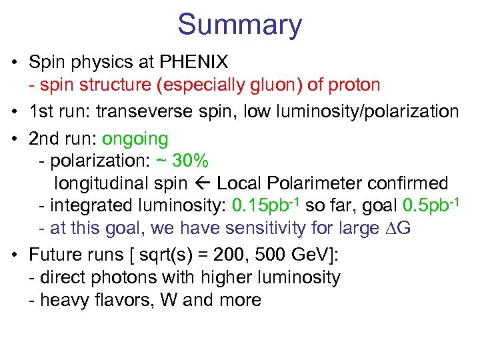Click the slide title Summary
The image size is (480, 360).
click(239, 25)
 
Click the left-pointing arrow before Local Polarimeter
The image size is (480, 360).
click(201, 183)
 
